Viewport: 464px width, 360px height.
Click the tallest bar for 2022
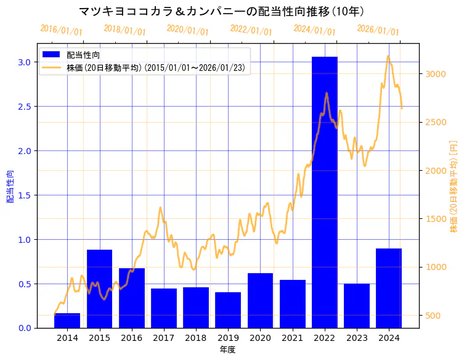tap(324, 192)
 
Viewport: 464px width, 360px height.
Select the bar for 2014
tap(67, 321)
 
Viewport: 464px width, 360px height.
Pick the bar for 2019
tap(228, 310)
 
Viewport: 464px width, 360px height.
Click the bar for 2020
tap(260, 300)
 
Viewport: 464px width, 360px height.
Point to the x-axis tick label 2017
tap(164, 338)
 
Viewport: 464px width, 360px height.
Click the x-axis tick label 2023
tap(357, 338)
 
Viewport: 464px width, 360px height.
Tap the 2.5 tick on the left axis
tap(24, 107)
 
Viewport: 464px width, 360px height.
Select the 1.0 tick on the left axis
tap(24, 239)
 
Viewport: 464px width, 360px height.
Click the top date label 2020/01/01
tap(188, 30)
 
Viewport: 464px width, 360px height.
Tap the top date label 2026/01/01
tap(378, 30)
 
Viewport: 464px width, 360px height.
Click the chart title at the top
tap(222, 11)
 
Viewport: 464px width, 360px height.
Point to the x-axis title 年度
tap(228, 350)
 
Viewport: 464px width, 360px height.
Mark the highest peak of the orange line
tap(388, 57)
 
